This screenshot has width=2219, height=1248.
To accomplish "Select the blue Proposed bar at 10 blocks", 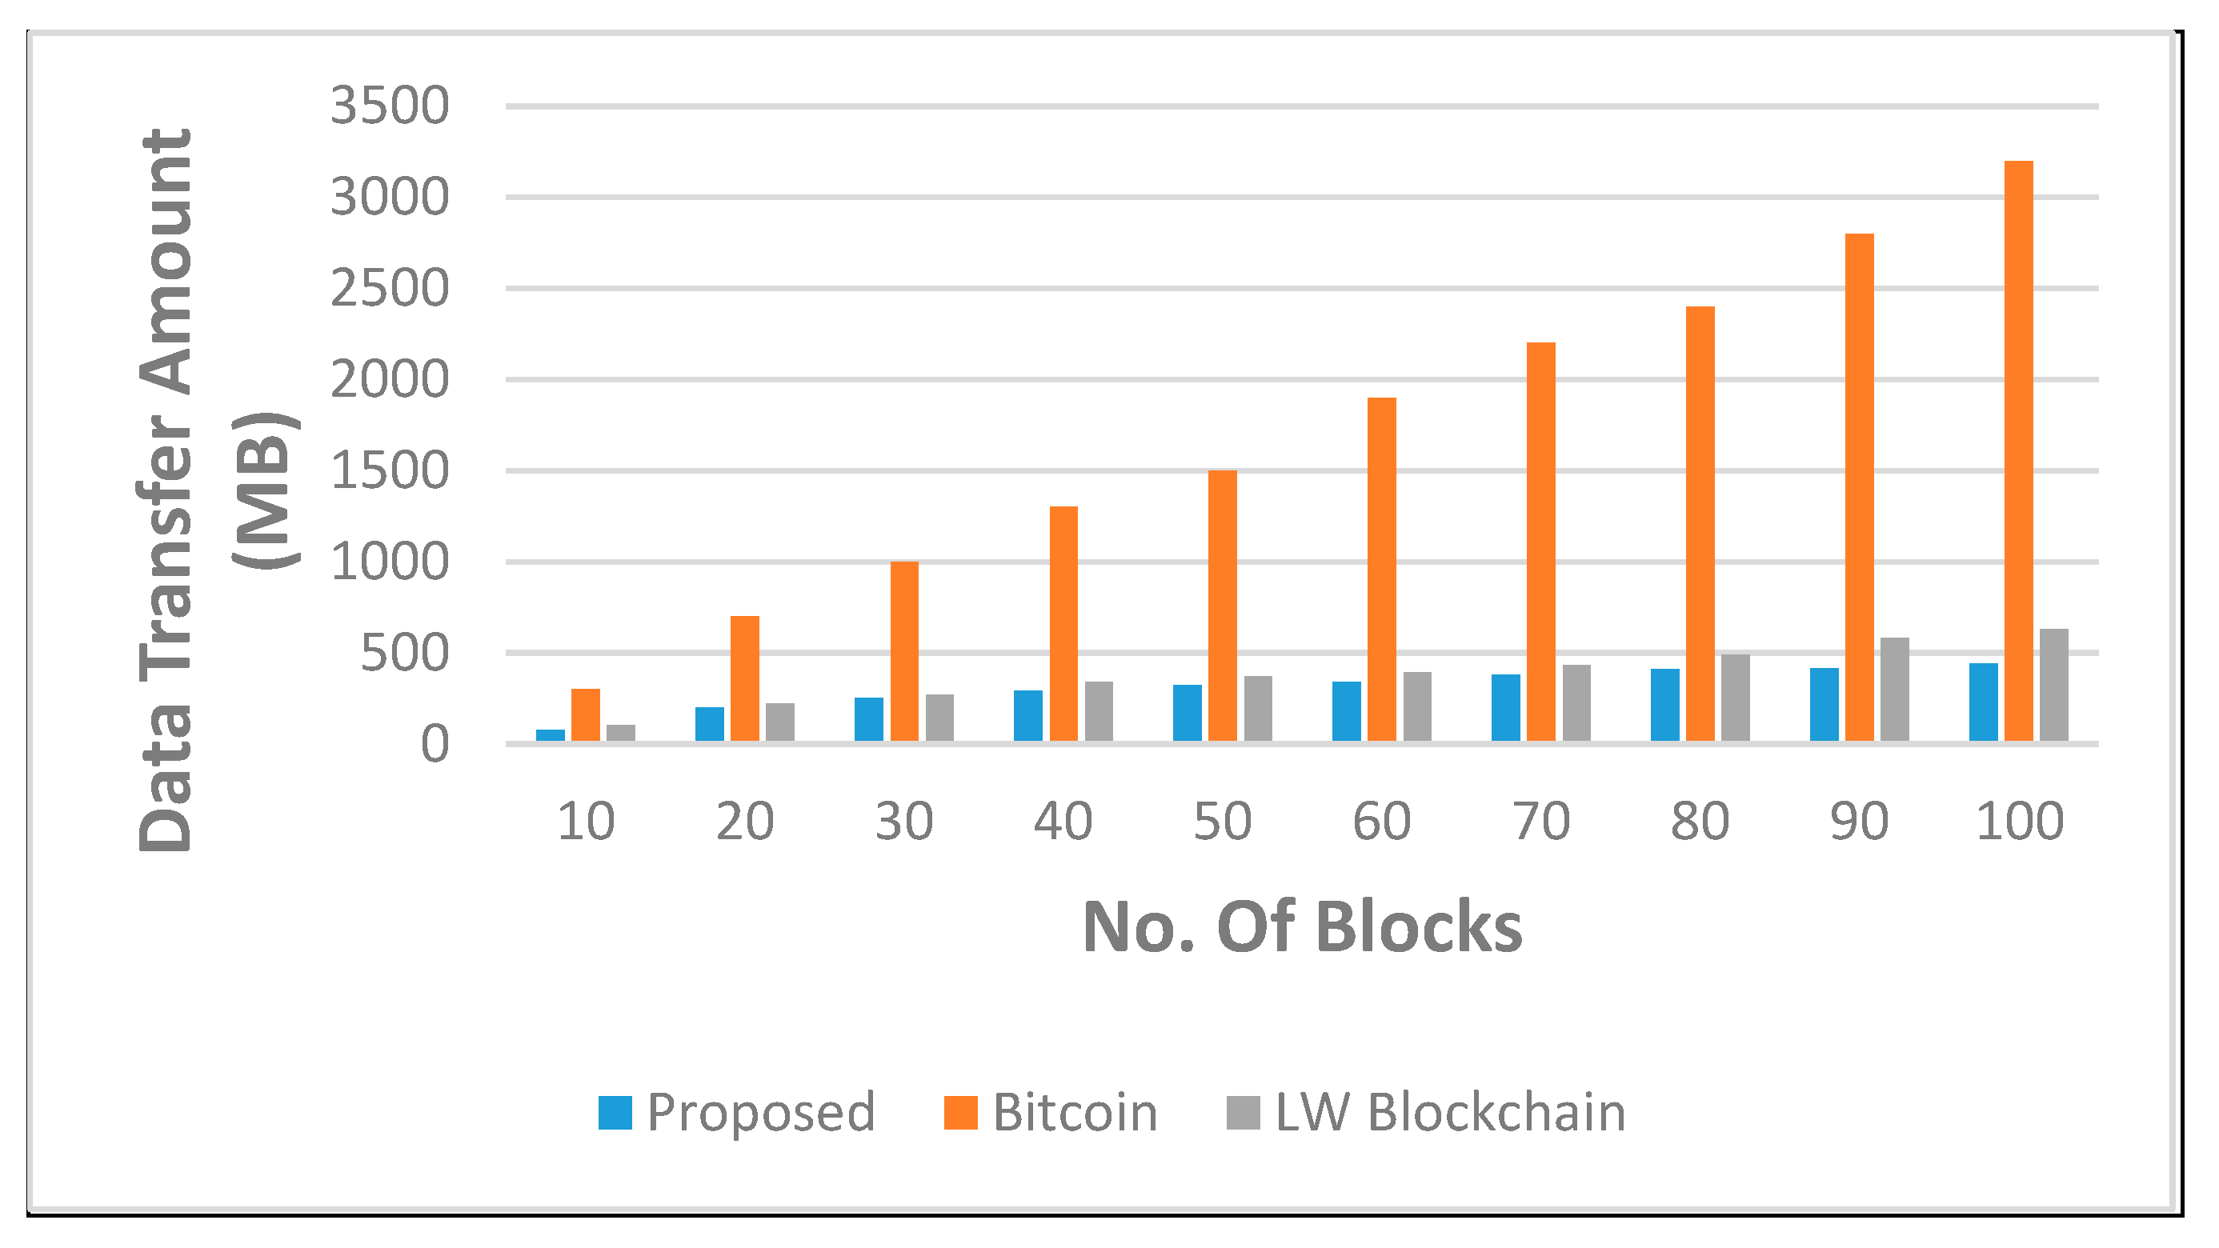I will (550, 734).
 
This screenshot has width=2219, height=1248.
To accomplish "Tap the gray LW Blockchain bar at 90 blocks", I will (1894, 689).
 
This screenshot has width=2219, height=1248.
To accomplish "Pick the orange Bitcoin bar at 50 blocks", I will (1223, 606).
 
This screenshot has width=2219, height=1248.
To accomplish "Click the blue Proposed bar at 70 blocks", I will (1506, 707).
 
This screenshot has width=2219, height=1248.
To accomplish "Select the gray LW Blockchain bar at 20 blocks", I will (779, 722).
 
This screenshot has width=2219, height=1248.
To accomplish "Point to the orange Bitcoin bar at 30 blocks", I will (903, 651).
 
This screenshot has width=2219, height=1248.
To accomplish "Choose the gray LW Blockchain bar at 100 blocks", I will (2053, 685).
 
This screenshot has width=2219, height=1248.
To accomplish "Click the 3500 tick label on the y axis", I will (390, 106).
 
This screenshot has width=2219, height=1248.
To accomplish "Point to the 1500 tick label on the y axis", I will (390, 471).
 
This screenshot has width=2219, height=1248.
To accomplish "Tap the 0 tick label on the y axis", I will (435, 745).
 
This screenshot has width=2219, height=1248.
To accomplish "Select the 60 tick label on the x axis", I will (1382, 822).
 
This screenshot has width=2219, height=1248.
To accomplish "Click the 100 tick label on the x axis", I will (2019, 822).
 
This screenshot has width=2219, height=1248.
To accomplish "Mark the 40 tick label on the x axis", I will (1063, 822).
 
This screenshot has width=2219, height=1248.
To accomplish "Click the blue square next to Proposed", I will (615, 1112).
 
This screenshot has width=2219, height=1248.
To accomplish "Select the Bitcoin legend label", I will (1074, 1112).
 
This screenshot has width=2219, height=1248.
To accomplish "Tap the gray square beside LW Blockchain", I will (1243, 1112).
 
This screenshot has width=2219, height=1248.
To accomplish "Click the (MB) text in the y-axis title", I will (266, 490).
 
